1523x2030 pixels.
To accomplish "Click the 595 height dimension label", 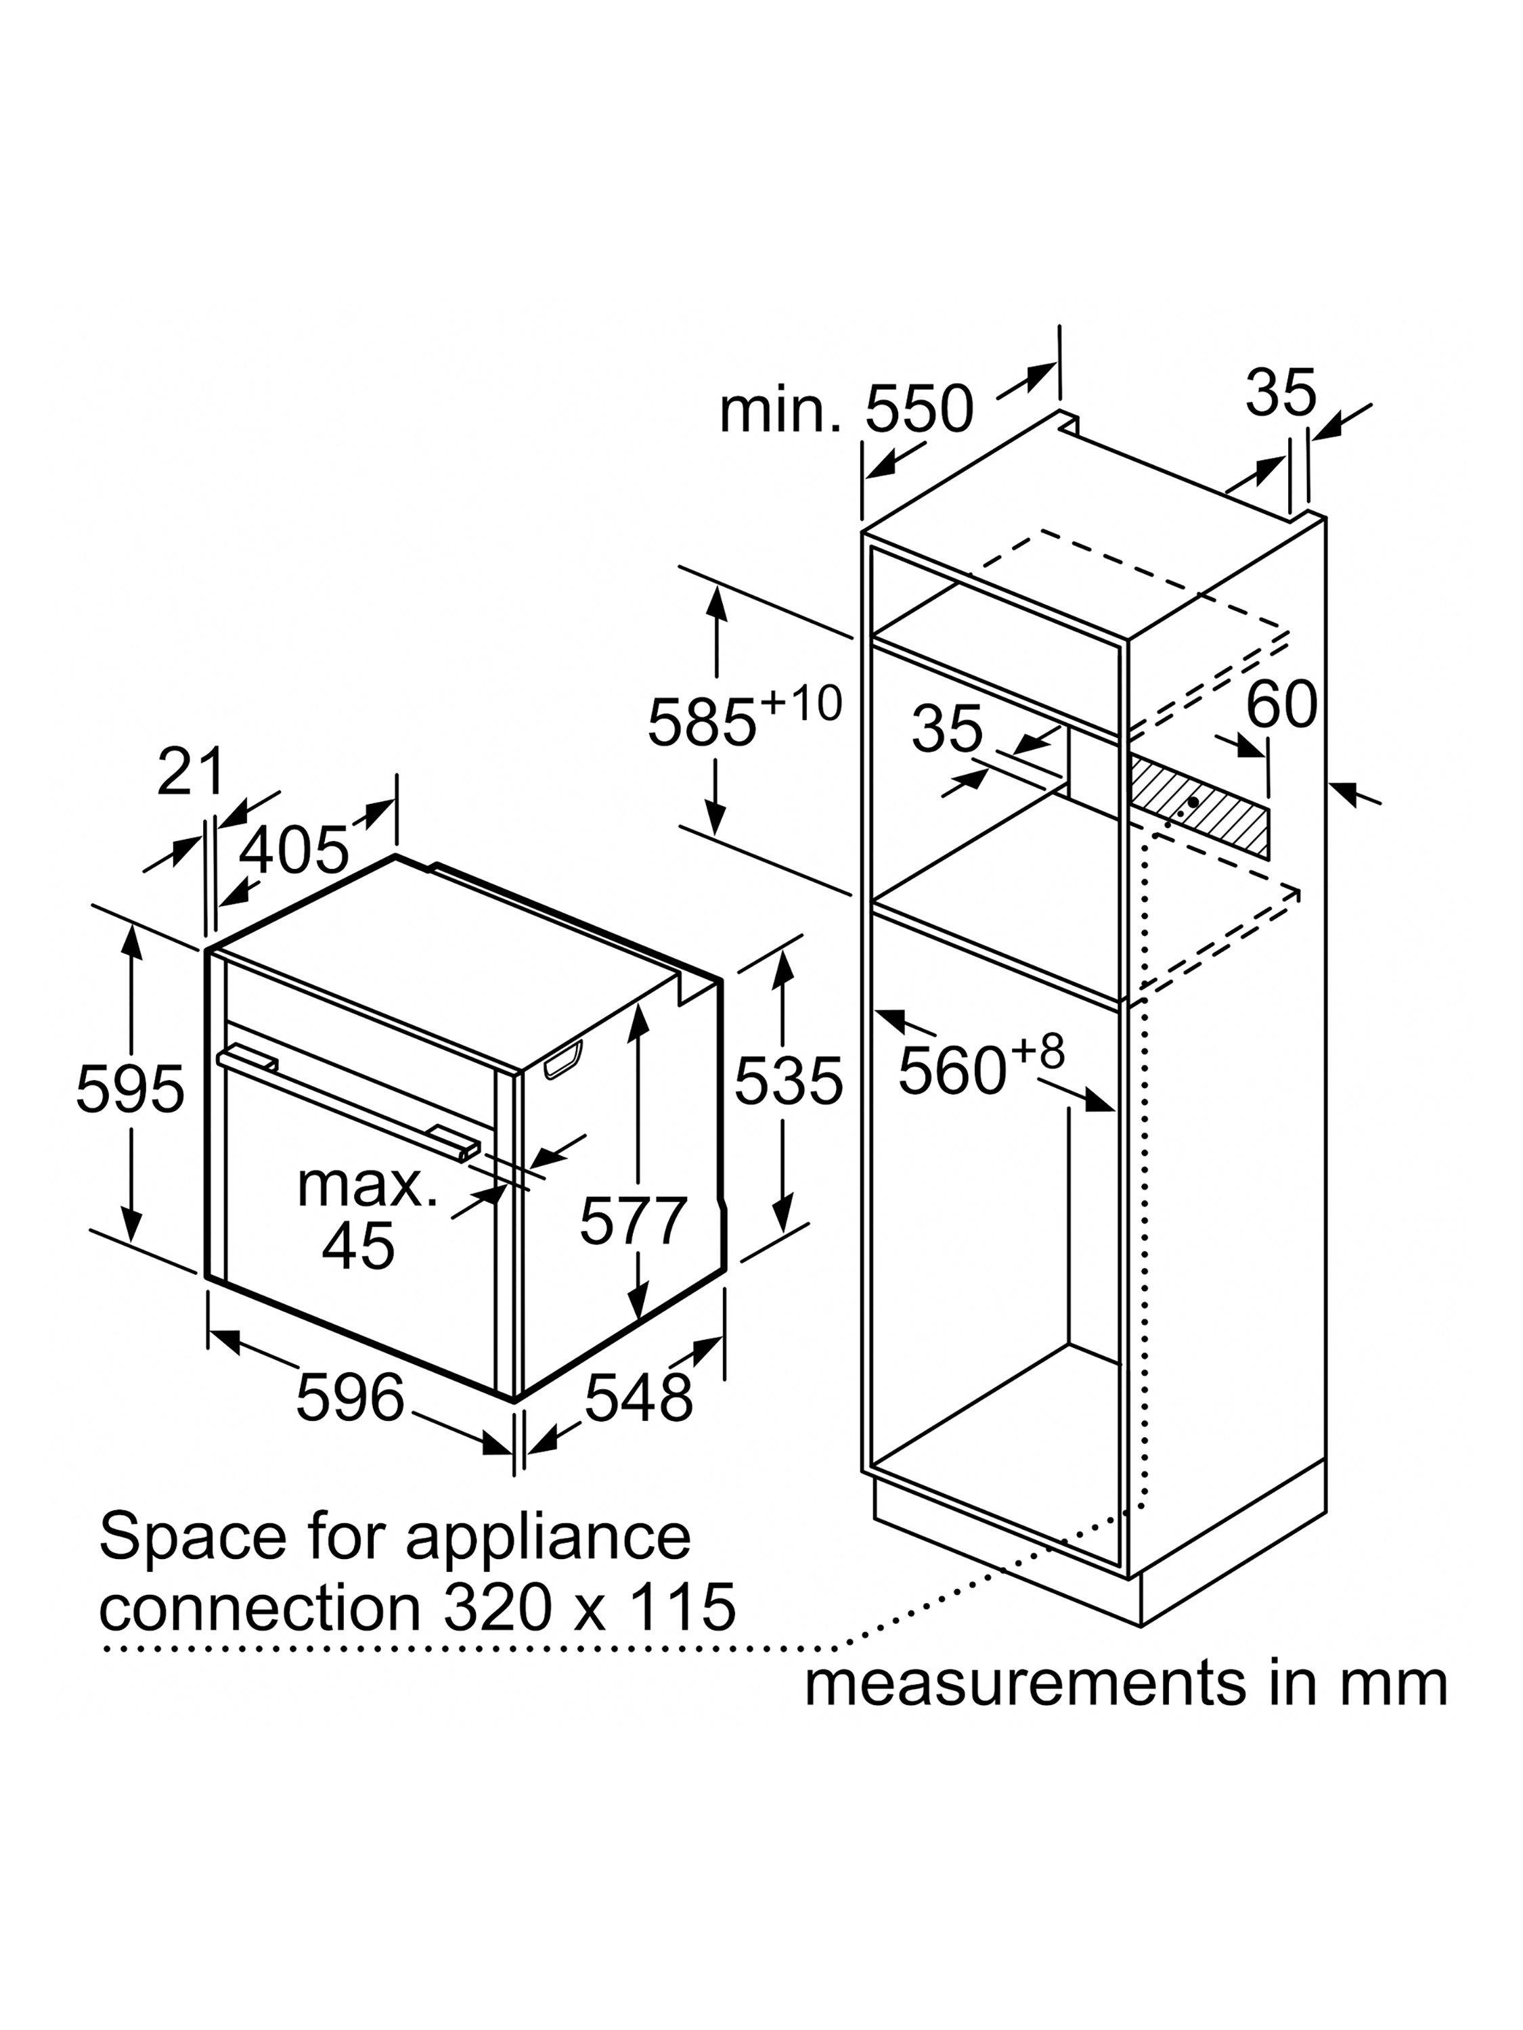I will (131, 1090).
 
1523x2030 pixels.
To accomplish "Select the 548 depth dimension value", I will (639, 1399).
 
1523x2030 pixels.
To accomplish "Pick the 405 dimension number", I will (294, 850).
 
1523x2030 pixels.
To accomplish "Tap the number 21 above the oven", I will (190, 772).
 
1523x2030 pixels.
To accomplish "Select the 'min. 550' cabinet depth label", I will (845, 409).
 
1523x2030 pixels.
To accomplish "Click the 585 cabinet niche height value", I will (703, 722).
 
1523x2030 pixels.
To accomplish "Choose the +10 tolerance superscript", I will (801, 704).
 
